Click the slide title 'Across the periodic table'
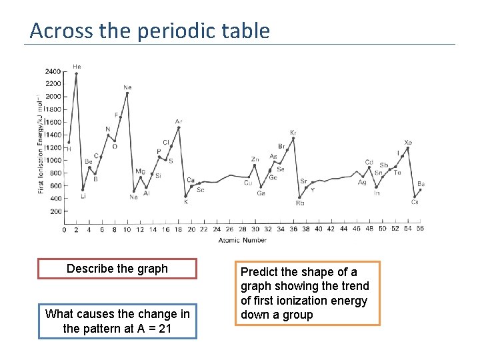pos(150,31)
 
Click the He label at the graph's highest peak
pos(77,67)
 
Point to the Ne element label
pos(127,87)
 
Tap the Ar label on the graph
pos(179,121)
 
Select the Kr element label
pos(293,133)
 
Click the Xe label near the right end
pos(408,143)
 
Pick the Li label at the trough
pos(83,196)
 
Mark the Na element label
pos(133,197)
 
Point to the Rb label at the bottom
pos(300,203)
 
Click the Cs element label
pos(415,202)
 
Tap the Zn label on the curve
pos(255,159)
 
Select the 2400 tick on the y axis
pos(53,71)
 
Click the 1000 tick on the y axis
pos(53,161)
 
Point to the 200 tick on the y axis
pos(55,211)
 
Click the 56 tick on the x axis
pos(419,229)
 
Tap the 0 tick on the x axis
pos(64,229)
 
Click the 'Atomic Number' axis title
pos(242,241)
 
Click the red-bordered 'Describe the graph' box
pos(117,269)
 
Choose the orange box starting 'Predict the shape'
pos(307,293)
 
